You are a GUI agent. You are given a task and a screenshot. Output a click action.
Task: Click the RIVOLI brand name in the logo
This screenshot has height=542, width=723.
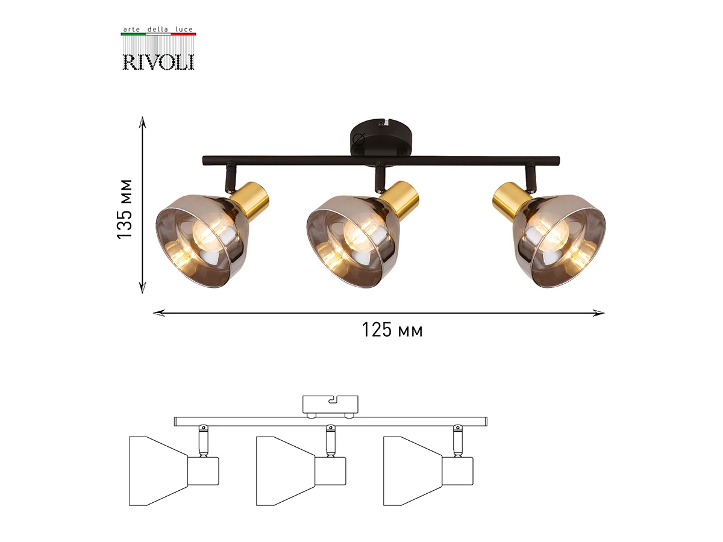coord(158,62)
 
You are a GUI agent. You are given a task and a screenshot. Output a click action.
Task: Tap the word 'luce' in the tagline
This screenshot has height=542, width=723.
coord(184,30)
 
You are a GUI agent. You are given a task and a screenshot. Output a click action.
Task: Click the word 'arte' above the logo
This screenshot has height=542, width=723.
coord(132,30)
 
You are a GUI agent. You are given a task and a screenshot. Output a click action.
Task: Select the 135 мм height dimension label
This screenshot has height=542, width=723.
coord(125,209)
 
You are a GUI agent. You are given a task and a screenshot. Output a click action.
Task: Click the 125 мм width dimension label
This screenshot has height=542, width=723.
coord(392,330)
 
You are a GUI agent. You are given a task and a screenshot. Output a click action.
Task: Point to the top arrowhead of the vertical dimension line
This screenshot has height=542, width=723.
coord(142,122)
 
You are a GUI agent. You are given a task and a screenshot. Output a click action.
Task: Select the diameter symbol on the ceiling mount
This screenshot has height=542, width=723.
coord(358,139)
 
